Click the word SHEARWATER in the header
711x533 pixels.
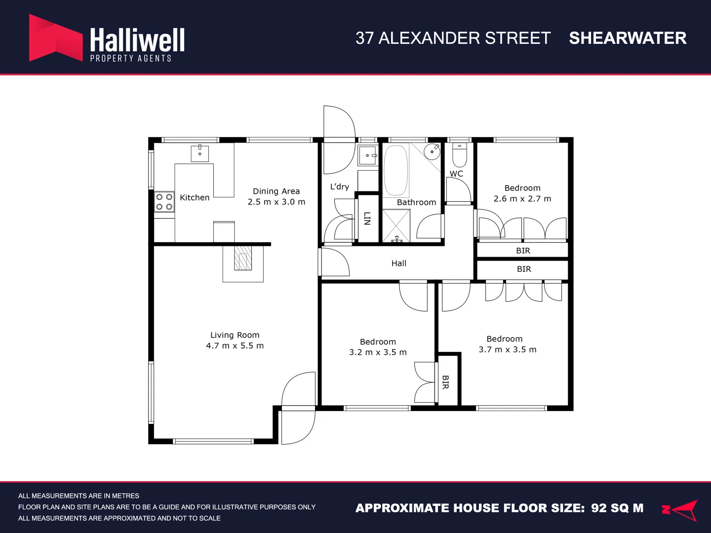point(628,38)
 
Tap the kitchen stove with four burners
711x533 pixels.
point(164,202)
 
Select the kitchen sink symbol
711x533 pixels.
point(199,153)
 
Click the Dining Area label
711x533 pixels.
point(276,191)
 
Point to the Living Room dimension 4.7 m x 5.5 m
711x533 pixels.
point(235,345)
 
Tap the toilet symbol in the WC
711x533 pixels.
point(459,155)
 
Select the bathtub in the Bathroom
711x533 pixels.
point(396,170)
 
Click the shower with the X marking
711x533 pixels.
point(396,226)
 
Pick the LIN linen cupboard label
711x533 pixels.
point(367,218)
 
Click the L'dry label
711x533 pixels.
point(340,187)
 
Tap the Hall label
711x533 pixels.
point(399,263)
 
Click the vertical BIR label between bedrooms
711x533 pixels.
point(445,382)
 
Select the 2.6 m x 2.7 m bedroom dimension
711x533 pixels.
point(522,198)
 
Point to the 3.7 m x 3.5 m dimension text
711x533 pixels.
point(507,349)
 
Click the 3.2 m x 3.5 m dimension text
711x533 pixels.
point(378,352)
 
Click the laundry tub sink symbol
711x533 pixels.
point(368,155)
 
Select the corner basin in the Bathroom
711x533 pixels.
point(433,151)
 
